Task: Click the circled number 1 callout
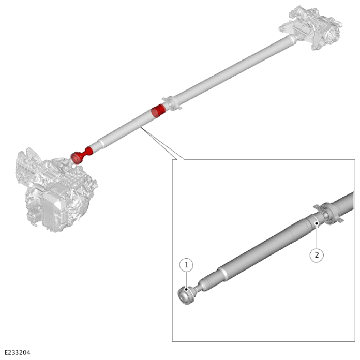click(186, 265)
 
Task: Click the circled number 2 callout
click(317, 255)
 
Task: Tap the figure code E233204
click(18, 352)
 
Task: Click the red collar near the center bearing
click(158, 110)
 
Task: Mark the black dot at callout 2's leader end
click(317, 223)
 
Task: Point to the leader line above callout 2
click(317, 236)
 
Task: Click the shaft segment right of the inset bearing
click(343, 202)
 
